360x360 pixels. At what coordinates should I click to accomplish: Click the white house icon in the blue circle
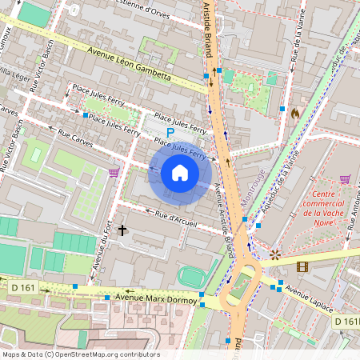pyautogui.click(x=180, y=173)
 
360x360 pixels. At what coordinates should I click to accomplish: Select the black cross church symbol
pyautogui.click(x=122, y=230)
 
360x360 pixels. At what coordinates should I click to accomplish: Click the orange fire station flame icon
pyautogui.click(x=294, y=114)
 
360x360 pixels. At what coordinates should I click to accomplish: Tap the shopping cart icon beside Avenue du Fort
pyautogui.click(x=114, y=172)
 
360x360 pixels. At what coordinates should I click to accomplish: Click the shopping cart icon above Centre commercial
pyautogui.click(x=345, y=179)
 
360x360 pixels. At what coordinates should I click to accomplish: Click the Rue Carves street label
pyautogui.click(x=74, y=141)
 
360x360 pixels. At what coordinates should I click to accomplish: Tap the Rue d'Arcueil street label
pyautogui.click(x=176, y=218)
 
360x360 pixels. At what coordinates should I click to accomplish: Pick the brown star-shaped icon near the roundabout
pyautogui.click(x=275, y=255)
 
